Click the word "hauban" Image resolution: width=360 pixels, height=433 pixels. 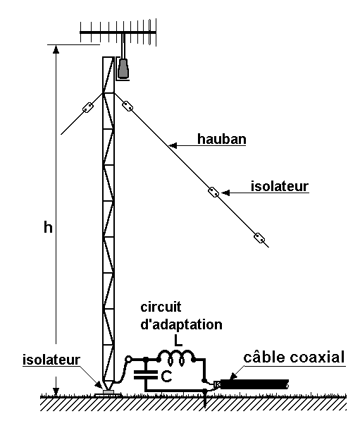[x=221, y=139]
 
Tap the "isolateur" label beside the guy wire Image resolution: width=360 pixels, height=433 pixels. [x=280, y=186]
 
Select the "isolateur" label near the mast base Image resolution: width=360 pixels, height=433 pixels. [x=51, y=360]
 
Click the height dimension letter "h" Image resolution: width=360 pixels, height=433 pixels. [x=48, y=228]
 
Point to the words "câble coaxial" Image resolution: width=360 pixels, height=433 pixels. [x=294, y=357]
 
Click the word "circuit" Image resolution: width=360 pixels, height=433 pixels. [x=161, y=307]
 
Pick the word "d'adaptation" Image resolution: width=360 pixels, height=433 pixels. [x=182, y=324]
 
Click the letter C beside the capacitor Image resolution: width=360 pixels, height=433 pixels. [x=166, y=376]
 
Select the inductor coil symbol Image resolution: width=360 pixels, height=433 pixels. [x=176, y=358]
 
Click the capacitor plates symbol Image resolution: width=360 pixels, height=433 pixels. [x=145, y=374]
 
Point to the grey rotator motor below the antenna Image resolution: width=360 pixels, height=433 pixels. [x=123, y=68]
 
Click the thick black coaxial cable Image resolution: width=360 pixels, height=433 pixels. [x=254, y=384]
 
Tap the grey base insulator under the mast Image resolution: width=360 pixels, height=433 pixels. [x=108, y=392]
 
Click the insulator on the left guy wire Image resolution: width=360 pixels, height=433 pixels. [x=88, y=107]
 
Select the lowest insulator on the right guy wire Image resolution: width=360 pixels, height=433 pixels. [x=259, y=238]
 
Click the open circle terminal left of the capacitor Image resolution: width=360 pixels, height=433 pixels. [x=128, y=359]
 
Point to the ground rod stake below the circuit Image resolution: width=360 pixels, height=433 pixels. [x=205, y=399]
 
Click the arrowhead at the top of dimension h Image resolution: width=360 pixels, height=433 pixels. [x=56, y=49]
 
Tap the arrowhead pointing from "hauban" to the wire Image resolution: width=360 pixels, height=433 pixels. [x=173, y=145]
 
